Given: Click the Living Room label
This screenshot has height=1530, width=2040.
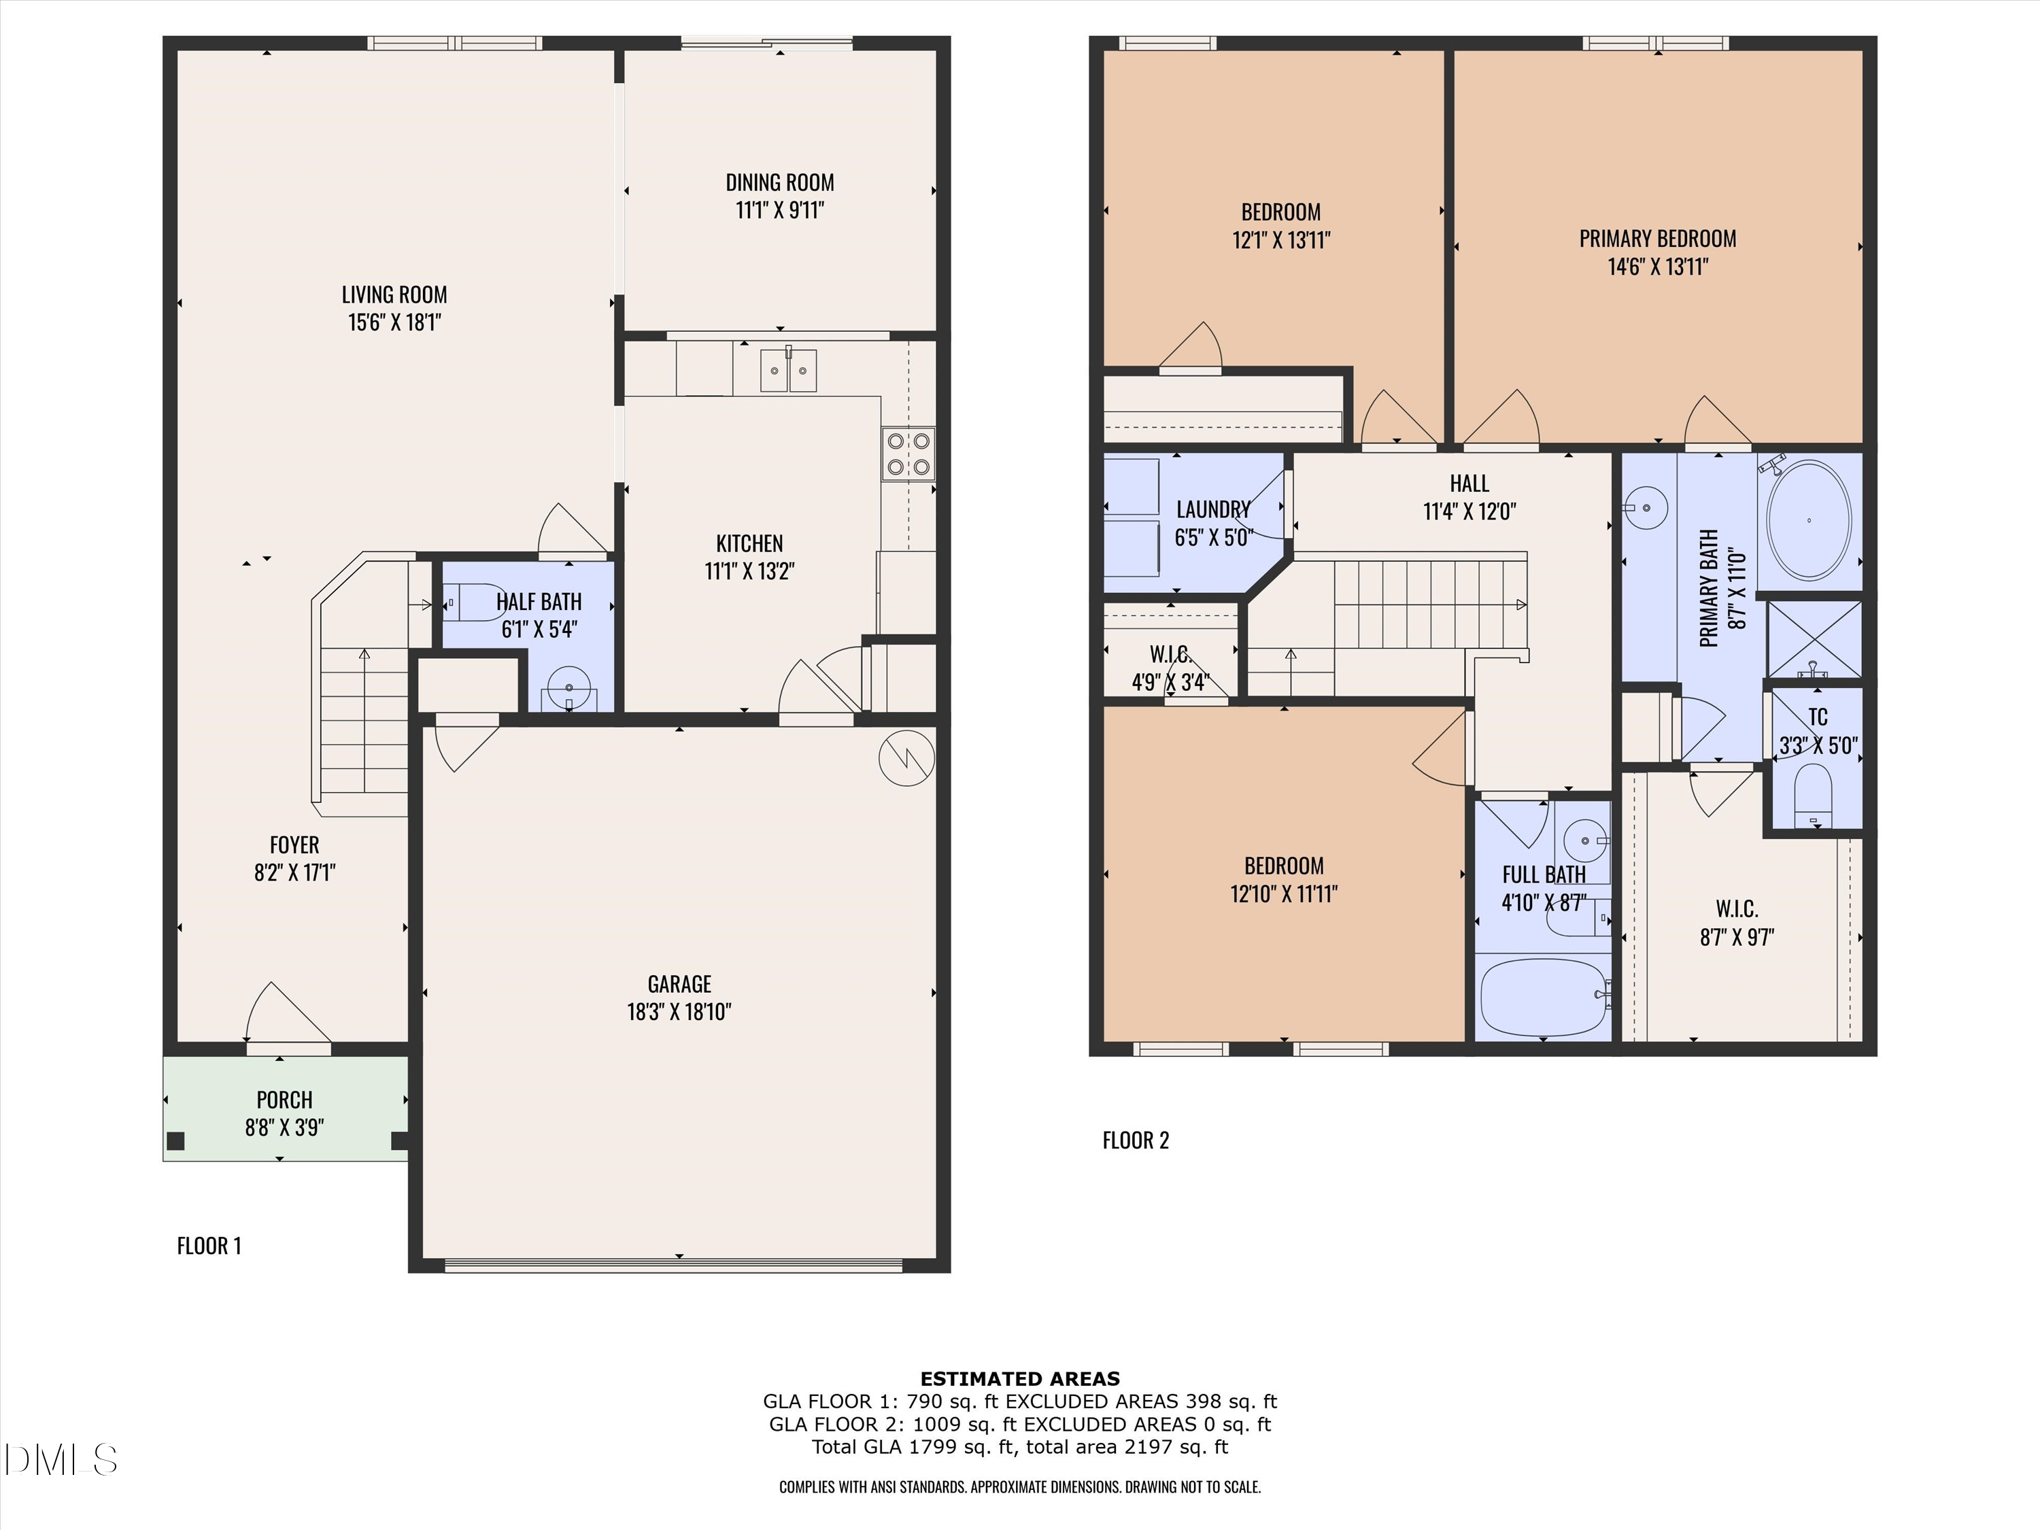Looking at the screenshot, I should [394, 294].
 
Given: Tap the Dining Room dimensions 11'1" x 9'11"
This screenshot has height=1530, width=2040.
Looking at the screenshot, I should [779, 210].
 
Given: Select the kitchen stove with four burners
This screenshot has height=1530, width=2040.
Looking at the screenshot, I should [908, 454].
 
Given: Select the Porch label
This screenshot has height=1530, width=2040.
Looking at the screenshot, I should [284, 1100].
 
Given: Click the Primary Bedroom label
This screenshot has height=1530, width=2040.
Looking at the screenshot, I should [1657, 239].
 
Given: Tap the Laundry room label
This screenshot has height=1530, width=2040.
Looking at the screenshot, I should [1212, 509].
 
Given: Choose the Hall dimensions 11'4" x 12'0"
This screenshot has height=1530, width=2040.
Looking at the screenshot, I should [1469, 511].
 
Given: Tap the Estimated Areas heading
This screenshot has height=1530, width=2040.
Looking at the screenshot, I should [1019, 1379].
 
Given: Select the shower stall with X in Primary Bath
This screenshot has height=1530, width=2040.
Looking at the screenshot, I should [1813, 639].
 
